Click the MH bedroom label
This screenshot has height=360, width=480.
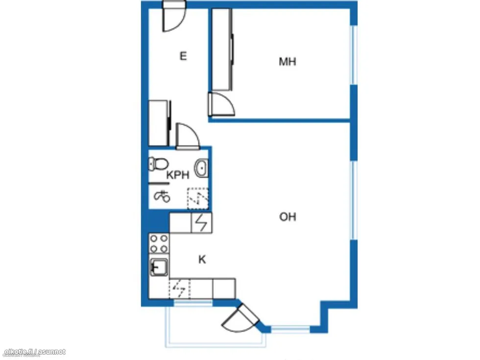pos(288,62)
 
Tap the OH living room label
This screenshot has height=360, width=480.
pos(288,217)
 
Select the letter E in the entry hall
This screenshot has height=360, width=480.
pos(183,56)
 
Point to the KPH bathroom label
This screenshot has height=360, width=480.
pos(178,175)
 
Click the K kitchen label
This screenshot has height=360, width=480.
pos(202,260)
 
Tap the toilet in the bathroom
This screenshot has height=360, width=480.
pos(158,164)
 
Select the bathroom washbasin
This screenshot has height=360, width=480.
pos(201,168)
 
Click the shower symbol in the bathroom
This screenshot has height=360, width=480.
pos(162,196)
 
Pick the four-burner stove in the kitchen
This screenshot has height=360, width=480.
pos(159,243)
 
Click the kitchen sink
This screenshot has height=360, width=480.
pos(159,266)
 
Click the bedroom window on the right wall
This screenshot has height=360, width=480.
pos(354,55)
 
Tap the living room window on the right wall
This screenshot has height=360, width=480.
pos(354,200)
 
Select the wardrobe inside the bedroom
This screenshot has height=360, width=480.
pos(221,49)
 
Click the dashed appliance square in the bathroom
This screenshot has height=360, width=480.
pos(198,198)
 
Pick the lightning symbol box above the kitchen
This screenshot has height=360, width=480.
pos(201,222)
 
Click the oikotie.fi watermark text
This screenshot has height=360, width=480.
pos(35,352)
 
